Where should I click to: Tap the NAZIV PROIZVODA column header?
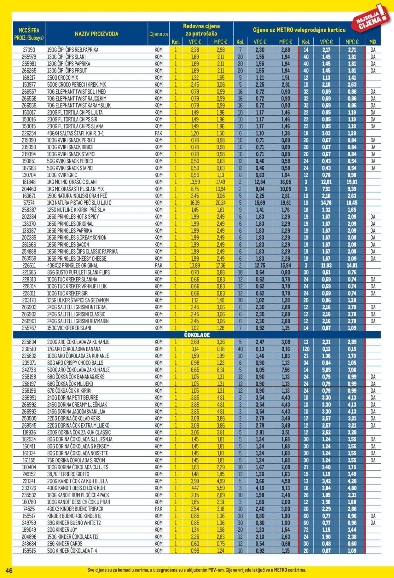tap(96, 34)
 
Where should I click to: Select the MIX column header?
tap(373, 42)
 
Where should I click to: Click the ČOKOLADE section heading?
tap(197, 335)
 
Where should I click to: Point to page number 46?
tap(9, 570)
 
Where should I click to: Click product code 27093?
tap(29, 50)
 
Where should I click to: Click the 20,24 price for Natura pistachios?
tap(220, 203)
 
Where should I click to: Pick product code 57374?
tap(29, 203)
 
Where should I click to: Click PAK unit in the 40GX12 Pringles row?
tap(159, 265)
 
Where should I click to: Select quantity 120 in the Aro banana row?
tap(306, 349)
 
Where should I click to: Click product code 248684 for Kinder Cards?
tap(29, 544)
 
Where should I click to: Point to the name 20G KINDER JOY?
tap(62, 530)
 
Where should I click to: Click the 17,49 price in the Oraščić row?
tap(220, 182)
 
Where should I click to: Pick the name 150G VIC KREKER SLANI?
tap(69, 328)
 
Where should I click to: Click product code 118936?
tap(29, 432)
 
